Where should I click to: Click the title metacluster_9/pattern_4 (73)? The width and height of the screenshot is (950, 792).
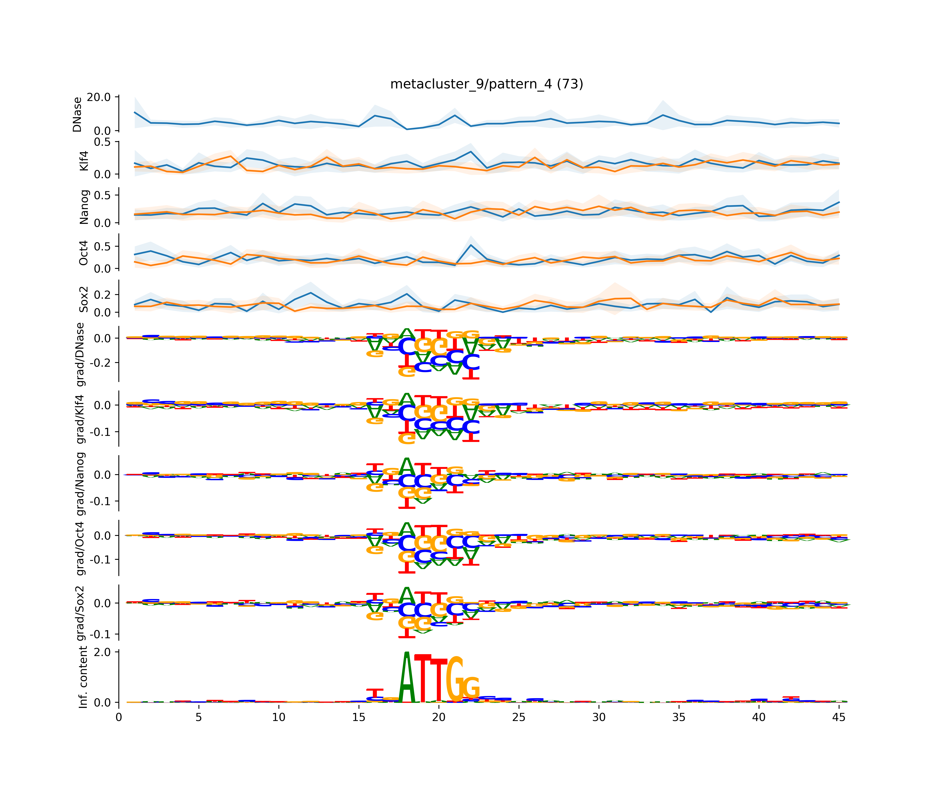(x=486, y=84)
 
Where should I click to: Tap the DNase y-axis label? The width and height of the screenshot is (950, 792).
(x=77, y=114)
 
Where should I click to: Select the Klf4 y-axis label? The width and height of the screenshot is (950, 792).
(x=84, y=161)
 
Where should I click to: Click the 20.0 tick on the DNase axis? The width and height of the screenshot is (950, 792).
(x=99, y=97)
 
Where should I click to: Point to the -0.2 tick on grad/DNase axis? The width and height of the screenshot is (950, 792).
(x=102, y=363)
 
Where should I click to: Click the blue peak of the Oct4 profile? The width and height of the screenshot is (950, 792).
(x=471, y=245)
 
